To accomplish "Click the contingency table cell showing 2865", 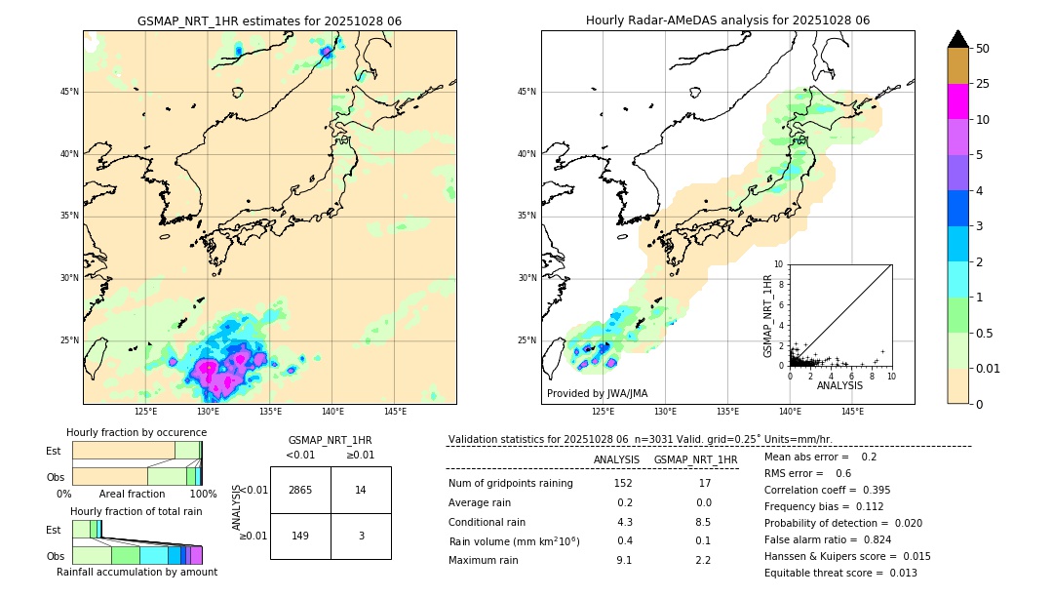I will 300,490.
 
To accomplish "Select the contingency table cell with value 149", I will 300,536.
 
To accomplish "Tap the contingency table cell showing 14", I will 361,490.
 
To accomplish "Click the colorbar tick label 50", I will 983,49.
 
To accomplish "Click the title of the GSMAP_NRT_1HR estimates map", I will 269,20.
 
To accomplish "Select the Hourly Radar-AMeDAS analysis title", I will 727,20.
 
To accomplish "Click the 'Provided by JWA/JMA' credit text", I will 597,393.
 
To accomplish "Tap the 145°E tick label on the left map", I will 395,412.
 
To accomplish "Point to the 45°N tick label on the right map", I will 526,92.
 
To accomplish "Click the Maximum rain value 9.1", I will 624,560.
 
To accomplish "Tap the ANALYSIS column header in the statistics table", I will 616,459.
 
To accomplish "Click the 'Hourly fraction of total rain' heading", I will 136,511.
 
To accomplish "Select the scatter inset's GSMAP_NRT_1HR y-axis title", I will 767,314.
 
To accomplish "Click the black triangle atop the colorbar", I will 958,39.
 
